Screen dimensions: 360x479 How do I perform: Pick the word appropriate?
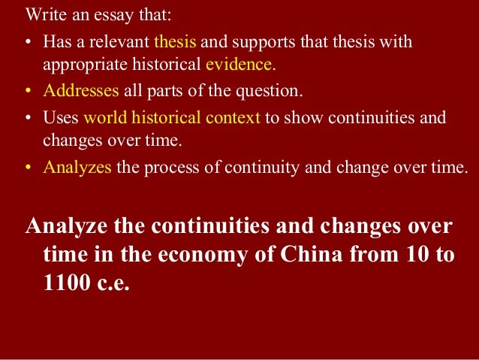[87, 65]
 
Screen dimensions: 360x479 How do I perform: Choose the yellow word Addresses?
[81, 92]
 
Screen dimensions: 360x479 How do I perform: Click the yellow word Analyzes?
[77, 168]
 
